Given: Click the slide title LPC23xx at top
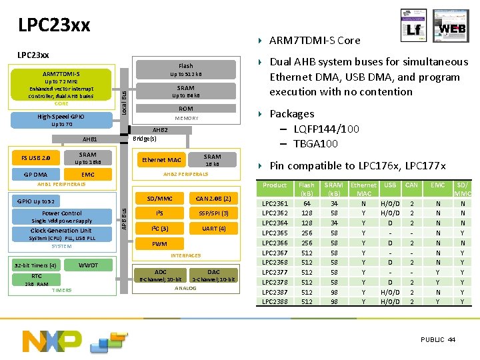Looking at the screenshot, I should click(x=54, y=25).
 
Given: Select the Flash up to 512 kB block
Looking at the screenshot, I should click(x=186, y=70).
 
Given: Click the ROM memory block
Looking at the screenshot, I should click(x=186, y=109).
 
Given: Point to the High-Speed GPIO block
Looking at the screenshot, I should click(x=61, y=120).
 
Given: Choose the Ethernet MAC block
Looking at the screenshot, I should click(x=161, y=160).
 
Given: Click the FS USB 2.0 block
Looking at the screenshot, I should click(x=35, y=159).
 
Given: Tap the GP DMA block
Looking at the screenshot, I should click(x=35, y=175).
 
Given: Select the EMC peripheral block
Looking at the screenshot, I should click(x=88, y=175).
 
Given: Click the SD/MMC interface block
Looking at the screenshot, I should click(x=160, y=199).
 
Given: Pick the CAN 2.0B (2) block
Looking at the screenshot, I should click(x=213, y=199).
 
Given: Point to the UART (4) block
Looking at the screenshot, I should click(x=213, y=229).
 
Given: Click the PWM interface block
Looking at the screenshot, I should click(x=160, y=244).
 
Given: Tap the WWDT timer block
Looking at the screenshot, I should click(x=88, y=265).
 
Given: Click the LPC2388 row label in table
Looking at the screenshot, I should click(x=275, y=301).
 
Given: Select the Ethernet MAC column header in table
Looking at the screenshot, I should click(x=364, y=189).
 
